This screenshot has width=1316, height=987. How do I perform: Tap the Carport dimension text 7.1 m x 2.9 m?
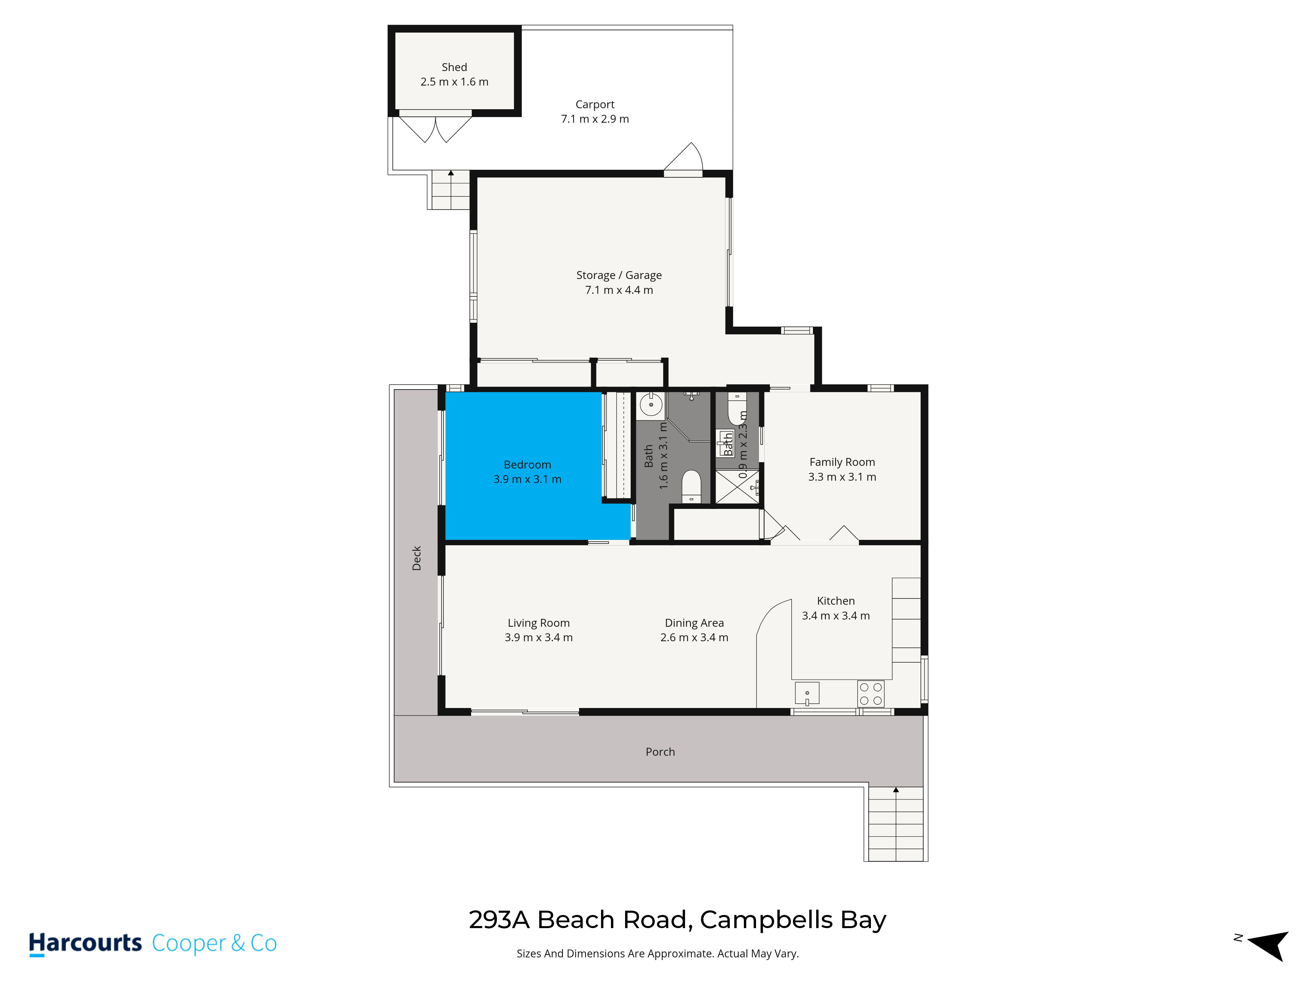coord(595,119)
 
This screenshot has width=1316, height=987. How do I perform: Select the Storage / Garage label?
coord(619,275)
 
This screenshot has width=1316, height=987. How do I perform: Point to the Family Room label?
coord(842,462)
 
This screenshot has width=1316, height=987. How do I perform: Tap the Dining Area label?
coord(694,623)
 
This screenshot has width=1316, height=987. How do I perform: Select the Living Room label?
coord(539,623)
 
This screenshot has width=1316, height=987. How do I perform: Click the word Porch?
coord(660,752)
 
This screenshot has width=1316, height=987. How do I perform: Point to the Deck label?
coord(417,558)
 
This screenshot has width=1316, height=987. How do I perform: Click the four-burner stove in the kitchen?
coord(871,694)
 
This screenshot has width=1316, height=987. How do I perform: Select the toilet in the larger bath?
coord(691,486)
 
